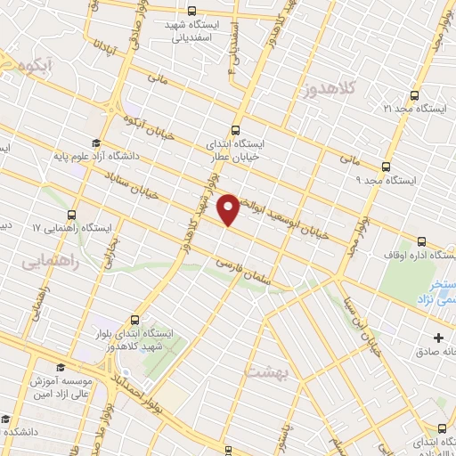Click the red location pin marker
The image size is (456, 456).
point(229,208)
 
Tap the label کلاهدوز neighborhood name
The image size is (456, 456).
point(327,88)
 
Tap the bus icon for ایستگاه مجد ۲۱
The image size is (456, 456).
point(413,95)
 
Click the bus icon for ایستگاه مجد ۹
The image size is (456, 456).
point(386,167)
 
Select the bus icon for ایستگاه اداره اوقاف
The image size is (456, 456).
point(421,241)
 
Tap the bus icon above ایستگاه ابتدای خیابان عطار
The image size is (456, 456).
point(236,128)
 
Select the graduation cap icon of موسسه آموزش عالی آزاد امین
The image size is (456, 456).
point(61,367)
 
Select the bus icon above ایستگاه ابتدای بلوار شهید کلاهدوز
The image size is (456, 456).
point(135,320)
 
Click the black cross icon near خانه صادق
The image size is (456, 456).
point(438,338)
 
